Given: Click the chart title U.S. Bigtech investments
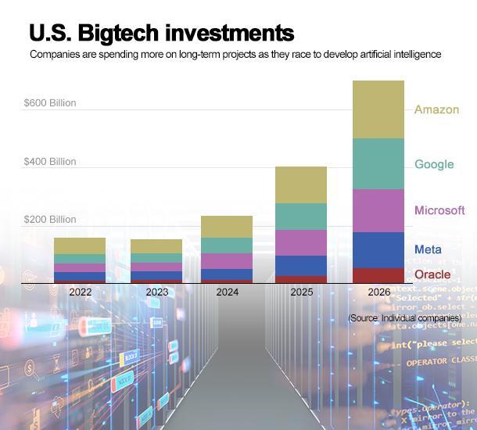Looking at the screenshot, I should pyautogui.click(x=161, y=33).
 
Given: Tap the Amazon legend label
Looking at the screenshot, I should pyautogui.click(x=436, y=109).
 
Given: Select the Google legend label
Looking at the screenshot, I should pyautogui.click(x=434, y=164).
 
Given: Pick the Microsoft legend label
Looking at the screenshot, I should pyautogui.click(x=439, y=210).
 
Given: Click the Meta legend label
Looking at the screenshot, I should pyautogui.click(x=428, y=249).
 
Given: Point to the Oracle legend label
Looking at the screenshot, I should pyautogui.click(x=432, y=274).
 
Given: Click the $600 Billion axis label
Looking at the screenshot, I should pyautogui.click(x=50, y=103).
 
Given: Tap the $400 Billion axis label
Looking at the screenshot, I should pyautogui.click(x=50, y=162).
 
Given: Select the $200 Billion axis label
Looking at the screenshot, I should pyautogui.click(x=50, y=220).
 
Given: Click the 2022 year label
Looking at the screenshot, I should pyautogui.click(x=80, y=292).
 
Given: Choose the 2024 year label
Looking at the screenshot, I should pyautogui.click(x=227, y=292).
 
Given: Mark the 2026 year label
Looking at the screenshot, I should pyautogui.click(x=378, y=292).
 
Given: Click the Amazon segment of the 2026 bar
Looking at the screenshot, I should pyautogui.click(x=378, y=109).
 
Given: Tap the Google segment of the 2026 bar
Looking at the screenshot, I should pyautogui.click(x=378, y=164).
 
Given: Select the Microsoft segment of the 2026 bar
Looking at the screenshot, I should pyautogui.click(x=378, y=210).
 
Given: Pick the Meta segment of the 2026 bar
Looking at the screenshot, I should pyautogui.click(x=378, y=250).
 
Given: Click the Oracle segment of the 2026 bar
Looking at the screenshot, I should pyautogui.click(x=378, y=275).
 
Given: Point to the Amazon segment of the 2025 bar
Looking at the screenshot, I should pyautogui.click(x=301, y=185).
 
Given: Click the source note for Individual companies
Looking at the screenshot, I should pyautogui.click(x=404, y=318).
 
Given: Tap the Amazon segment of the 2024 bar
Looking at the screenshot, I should pyautogui.click(x=227, y=227).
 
